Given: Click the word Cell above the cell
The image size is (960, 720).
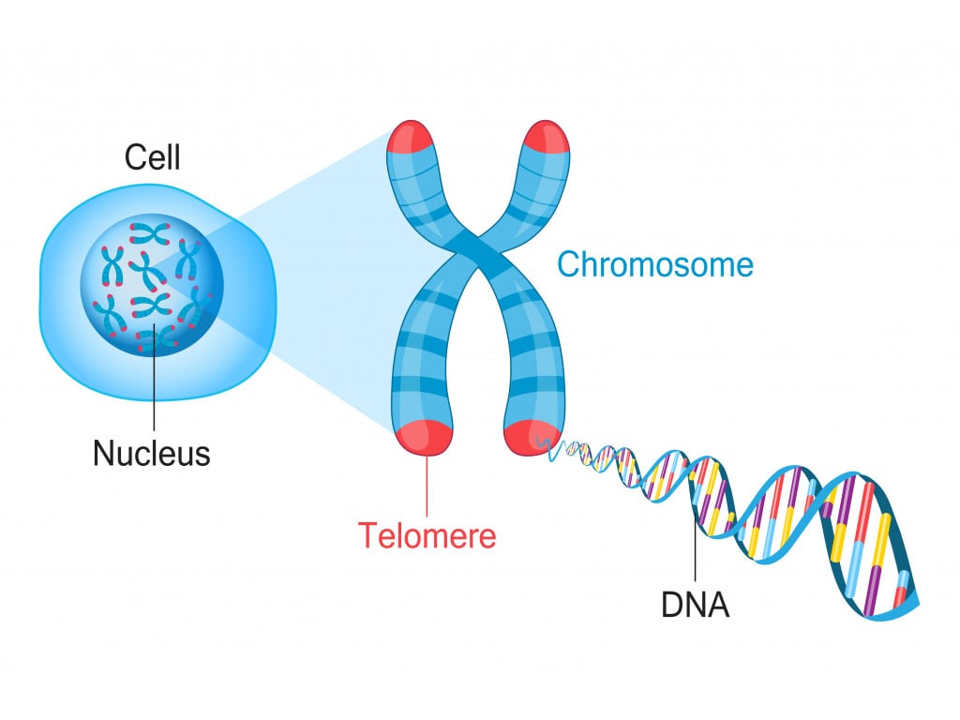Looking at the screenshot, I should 152,157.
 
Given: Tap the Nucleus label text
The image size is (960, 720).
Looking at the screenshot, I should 151,454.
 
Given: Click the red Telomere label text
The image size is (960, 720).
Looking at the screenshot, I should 427,535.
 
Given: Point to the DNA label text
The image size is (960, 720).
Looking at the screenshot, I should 695,605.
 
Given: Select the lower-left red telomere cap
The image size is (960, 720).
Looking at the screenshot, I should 427,437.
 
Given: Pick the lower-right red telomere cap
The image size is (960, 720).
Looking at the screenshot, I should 530,437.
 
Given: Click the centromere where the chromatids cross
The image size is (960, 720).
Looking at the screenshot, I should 478,246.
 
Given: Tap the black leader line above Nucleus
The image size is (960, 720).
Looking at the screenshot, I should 153,384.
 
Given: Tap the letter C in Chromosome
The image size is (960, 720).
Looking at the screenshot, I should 570,264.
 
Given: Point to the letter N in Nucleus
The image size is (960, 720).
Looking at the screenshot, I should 102,454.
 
